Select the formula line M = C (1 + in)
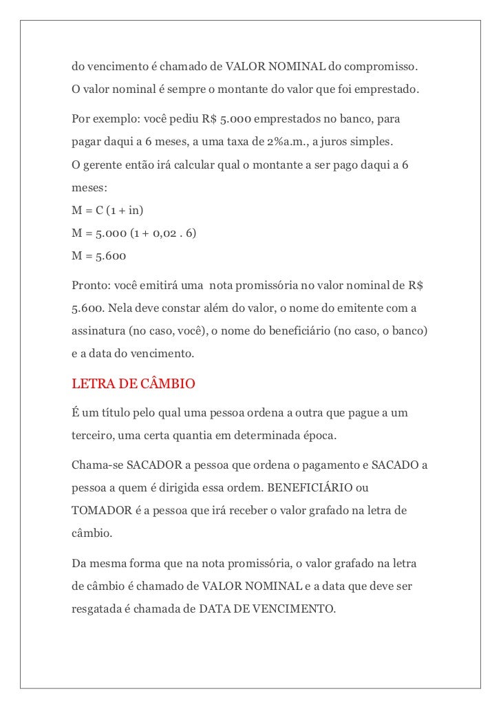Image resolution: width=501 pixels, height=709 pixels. coord(107,209)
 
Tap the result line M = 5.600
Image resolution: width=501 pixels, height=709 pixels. coord(99,255)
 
